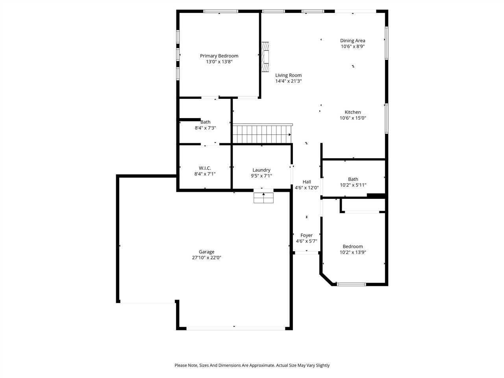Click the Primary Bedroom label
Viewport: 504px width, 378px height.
click(219, 56)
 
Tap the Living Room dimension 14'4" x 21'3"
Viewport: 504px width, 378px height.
click(288, 81)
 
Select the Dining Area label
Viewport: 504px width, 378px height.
click(352, 41)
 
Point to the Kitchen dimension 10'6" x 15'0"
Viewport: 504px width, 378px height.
click(353, 118)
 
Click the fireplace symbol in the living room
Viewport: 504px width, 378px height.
click(266, 53)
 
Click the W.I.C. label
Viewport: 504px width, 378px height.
click(205, 168)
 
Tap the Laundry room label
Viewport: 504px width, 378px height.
click(261, 170)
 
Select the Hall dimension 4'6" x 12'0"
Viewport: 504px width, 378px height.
click(306, 188)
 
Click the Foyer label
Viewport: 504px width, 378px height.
click(306, 235)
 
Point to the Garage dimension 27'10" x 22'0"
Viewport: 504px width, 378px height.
click(206, 258)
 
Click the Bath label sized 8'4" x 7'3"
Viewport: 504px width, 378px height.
click(205, 122)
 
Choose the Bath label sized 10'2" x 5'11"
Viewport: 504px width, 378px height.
click(353, 179)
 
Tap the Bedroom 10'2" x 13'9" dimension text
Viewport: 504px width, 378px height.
click(353, 252)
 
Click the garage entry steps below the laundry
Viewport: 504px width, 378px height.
click(263, 198)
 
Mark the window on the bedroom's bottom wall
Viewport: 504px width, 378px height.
click(351, 284)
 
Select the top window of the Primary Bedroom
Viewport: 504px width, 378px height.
click(220, 11)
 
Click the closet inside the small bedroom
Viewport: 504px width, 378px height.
click(362, 206)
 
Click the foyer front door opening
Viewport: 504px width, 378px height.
click(306, 252)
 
